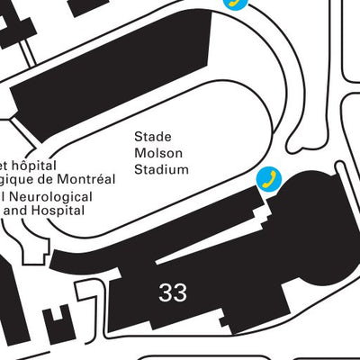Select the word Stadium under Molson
161,169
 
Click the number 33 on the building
173,292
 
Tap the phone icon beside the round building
267,178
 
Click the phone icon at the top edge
235,3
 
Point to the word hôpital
31,166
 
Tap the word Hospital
59,211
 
